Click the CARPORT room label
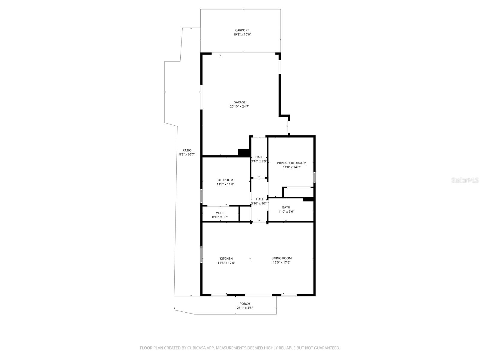point(242,30)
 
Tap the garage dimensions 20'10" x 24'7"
point(239,106)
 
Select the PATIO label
point(187,151)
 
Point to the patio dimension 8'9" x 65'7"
point(187,155)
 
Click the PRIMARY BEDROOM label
point(292,163)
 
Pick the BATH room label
point(286,207)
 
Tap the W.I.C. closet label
point(220,213)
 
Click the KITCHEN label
point(226,259)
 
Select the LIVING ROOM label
point(281,258)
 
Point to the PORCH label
point(244,304)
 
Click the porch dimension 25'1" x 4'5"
point(244,308)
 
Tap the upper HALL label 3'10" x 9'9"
point(259,157)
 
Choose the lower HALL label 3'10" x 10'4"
point(259,199)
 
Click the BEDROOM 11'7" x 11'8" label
point(225,180)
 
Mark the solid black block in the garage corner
point(244,152)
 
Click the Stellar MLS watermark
point(465,180)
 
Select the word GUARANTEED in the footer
point(326,348)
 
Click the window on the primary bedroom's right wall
point(314,177)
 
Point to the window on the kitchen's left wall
point(201,254)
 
